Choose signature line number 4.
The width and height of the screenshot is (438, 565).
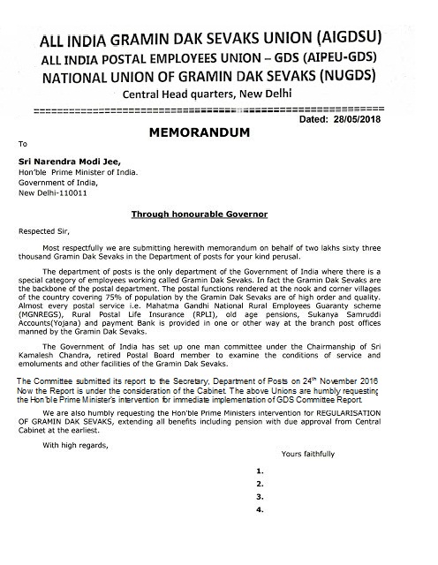[x=260, y=510]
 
